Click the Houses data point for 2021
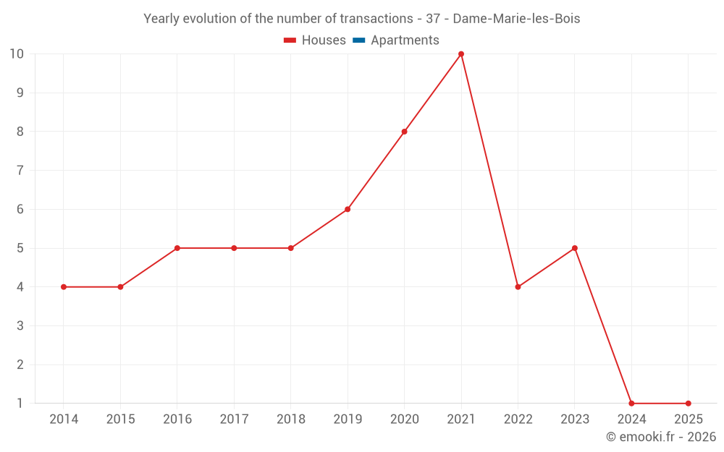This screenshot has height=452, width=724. [461, 54]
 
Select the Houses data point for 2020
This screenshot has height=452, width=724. [404, 132]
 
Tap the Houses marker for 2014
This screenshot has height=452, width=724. [64, 287]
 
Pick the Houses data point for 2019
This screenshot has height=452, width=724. [348, 210]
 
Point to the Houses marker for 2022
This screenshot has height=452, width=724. [518, 287]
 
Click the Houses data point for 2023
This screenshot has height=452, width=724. [575, 248]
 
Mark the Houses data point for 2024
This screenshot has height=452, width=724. [631, 404]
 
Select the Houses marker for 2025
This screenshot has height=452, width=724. [688, 404]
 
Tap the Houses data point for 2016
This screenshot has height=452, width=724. [177, 248]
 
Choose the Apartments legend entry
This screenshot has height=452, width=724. [405, 40]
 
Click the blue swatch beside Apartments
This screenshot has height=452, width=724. [358, 40]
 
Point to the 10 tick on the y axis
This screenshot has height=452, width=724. [17, 54]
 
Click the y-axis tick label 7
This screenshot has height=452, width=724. [20, 171]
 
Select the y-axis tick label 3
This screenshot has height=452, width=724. [20, 326]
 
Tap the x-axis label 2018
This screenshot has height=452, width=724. [290, 419]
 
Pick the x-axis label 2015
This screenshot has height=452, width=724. [120, 419]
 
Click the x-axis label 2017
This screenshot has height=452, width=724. [234, 419]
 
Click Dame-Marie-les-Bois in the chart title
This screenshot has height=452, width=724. [516, 19]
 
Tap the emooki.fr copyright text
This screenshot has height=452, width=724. [660, 437]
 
